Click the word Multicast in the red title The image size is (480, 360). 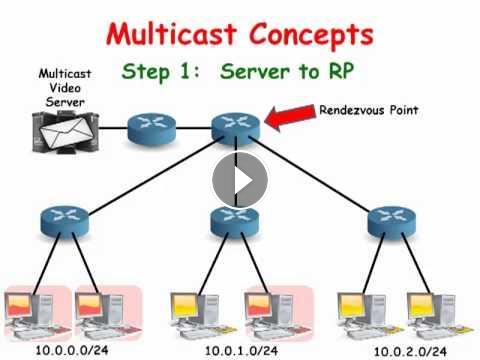[x=171, y=34]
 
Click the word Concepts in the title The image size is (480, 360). [x=312, y=36]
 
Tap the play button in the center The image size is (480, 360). [x=240, y=180]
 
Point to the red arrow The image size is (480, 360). [x=290, y=117]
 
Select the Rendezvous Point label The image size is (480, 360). [x=369, y=110]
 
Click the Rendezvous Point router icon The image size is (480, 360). [x=236, y=128]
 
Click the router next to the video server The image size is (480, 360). [x=152, y=129]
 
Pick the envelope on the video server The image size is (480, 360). [x=67, y=133]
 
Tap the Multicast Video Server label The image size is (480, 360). [x=65, y=88]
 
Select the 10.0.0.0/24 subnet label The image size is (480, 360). [x=72, y=350]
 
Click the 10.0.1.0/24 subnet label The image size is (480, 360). [x=241, y=351]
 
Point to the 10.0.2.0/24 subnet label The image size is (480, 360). [x=410, y=351]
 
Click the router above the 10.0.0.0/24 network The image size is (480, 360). [x=65, y=222]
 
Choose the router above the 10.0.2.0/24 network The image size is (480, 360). [x=392, y=222]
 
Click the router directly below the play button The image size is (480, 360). [x=235, y=221]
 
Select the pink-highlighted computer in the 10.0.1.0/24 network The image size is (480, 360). [x=277, y=314]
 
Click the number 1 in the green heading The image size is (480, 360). [x=187, y=71]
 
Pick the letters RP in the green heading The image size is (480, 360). [x=341, y=71]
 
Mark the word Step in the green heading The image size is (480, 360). [x=146, y=72]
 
